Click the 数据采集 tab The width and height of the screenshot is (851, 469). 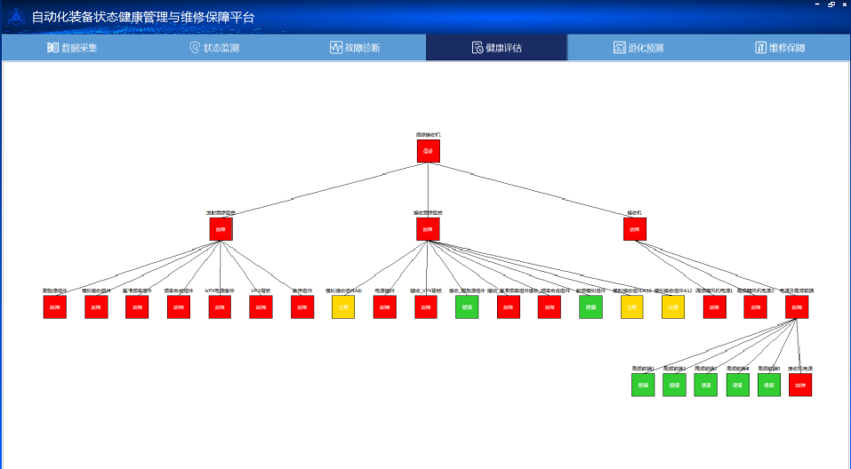[x=72, y=48]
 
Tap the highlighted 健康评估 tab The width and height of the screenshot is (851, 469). [x=496, y=48]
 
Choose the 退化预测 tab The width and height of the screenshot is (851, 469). [x=638, y=48]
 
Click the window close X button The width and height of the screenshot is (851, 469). [x=842, y=4]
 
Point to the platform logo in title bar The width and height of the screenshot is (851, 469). [x=16, y=17]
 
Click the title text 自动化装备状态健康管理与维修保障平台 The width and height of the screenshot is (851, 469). [x=142, y=17]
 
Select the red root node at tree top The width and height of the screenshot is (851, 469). [x=428, y=151]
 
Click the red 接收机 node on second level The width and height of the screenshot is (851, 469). [x=634, y=229]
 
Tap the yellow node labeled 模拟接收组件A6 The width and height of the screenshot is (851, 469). [x=343, y=307]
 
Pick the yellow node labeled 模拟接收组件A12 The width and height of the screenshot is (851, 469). [x=673, y=307]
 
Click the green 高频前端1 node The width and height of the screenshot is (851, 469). [x=643, y=385]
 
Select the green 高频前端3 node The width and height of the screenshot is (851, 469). [x=705, y=385]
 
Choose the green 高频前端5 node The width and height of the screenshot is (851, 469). [x=768, y=385]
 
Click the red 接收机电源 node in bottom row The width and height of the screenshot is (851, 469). [x=800, y=385]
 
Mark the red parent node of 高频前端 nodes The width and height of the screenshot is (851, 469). [x=797, y=307]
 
